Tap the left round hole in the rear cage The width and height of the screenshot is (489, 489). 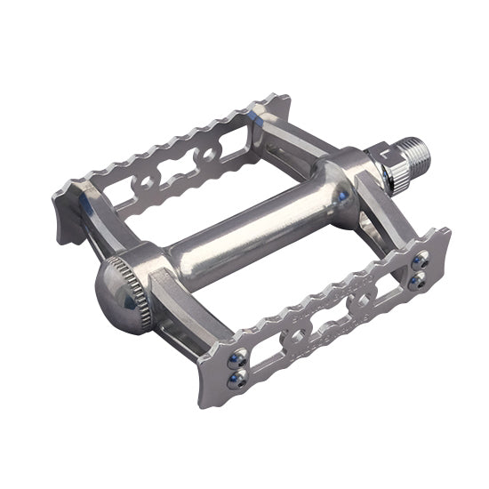pos(142,188)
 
